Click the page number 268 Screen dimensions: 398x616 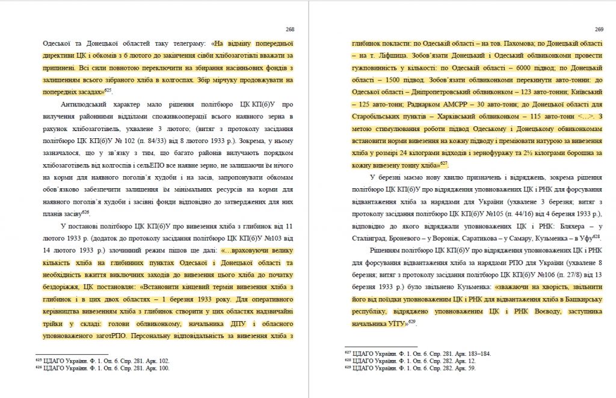point(290,29)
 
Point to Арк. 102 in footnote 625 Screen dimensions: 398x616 point(156,361)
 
